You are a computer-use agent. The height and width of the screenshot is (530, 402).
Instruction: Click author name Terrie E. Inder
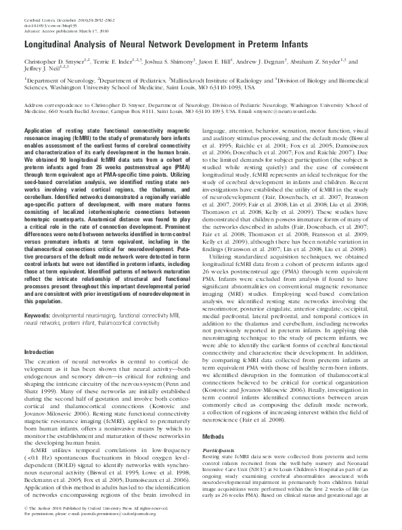124,60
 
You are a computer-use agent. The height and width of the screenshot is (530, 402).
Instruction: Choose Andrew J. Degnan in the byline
292,60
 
